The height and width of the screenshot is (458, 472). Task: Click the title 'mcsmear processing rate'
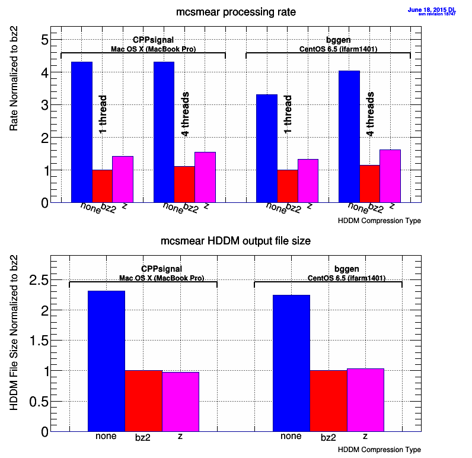236,12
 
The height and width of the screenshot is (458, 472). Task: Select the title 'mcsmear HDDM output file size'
236,241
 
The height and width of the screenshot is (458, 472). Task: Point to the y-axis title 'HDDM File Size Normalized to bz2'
14,333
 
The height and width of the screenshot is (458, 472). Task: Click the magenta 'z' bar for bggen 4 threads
390,176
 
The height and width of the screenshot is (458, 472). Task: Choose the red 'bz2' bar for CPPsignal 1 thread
102,186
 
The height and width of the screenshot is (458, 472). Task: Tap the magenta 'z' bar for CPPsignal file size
180,402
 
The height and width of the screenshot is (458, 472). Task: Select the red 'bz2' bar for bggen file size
328,401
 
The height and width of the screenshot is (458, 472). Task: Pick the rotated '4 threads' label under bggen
370,114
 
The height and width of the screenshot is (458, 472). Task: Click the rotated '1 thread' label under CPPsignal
103,114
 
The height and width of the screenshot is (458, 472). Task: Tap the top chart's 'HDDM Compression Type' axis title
379,221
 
